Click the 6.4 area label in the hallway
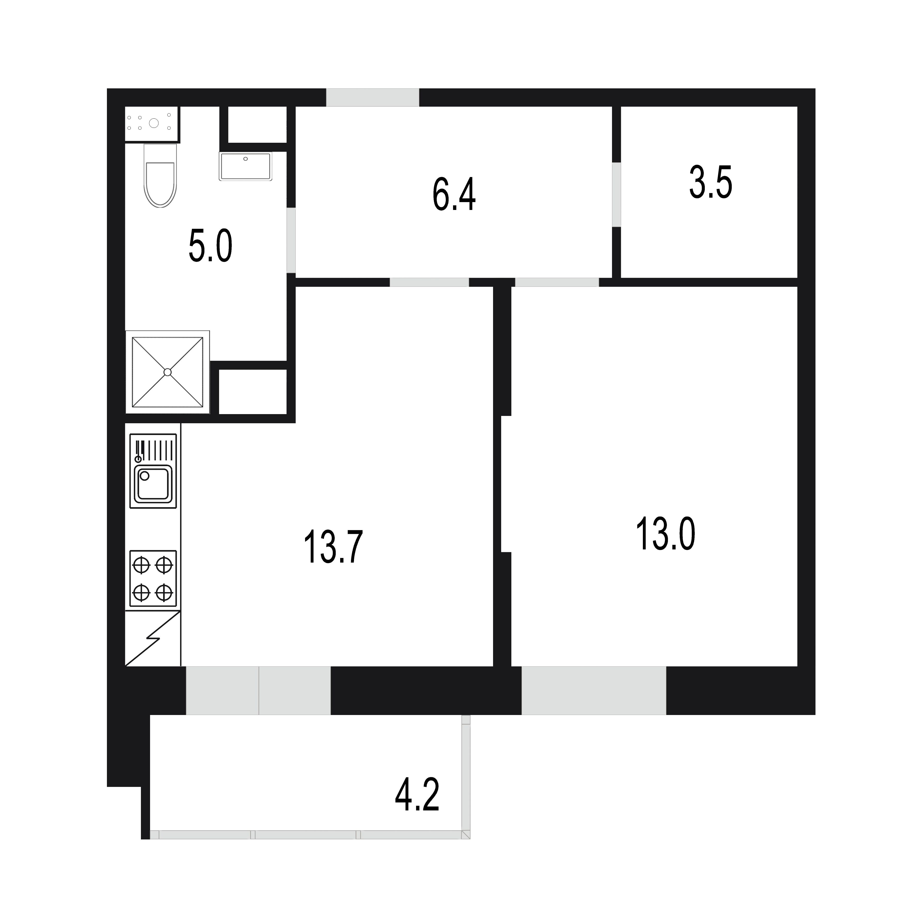coord(454,195)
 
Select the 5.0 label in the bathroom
coord(210,246)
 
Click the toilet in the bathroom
coord(160,175)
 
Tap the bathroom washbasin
coord(245,166)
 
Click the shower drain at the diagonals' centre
coord(167,372)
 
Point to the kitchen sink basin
coord(153,484)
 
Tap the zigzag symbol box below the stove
coord(152,638)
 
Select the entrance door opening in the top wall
coord(373,98)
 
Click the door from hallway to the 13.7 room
coord(429,282)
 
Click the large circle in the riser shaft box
coord(153,123)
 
